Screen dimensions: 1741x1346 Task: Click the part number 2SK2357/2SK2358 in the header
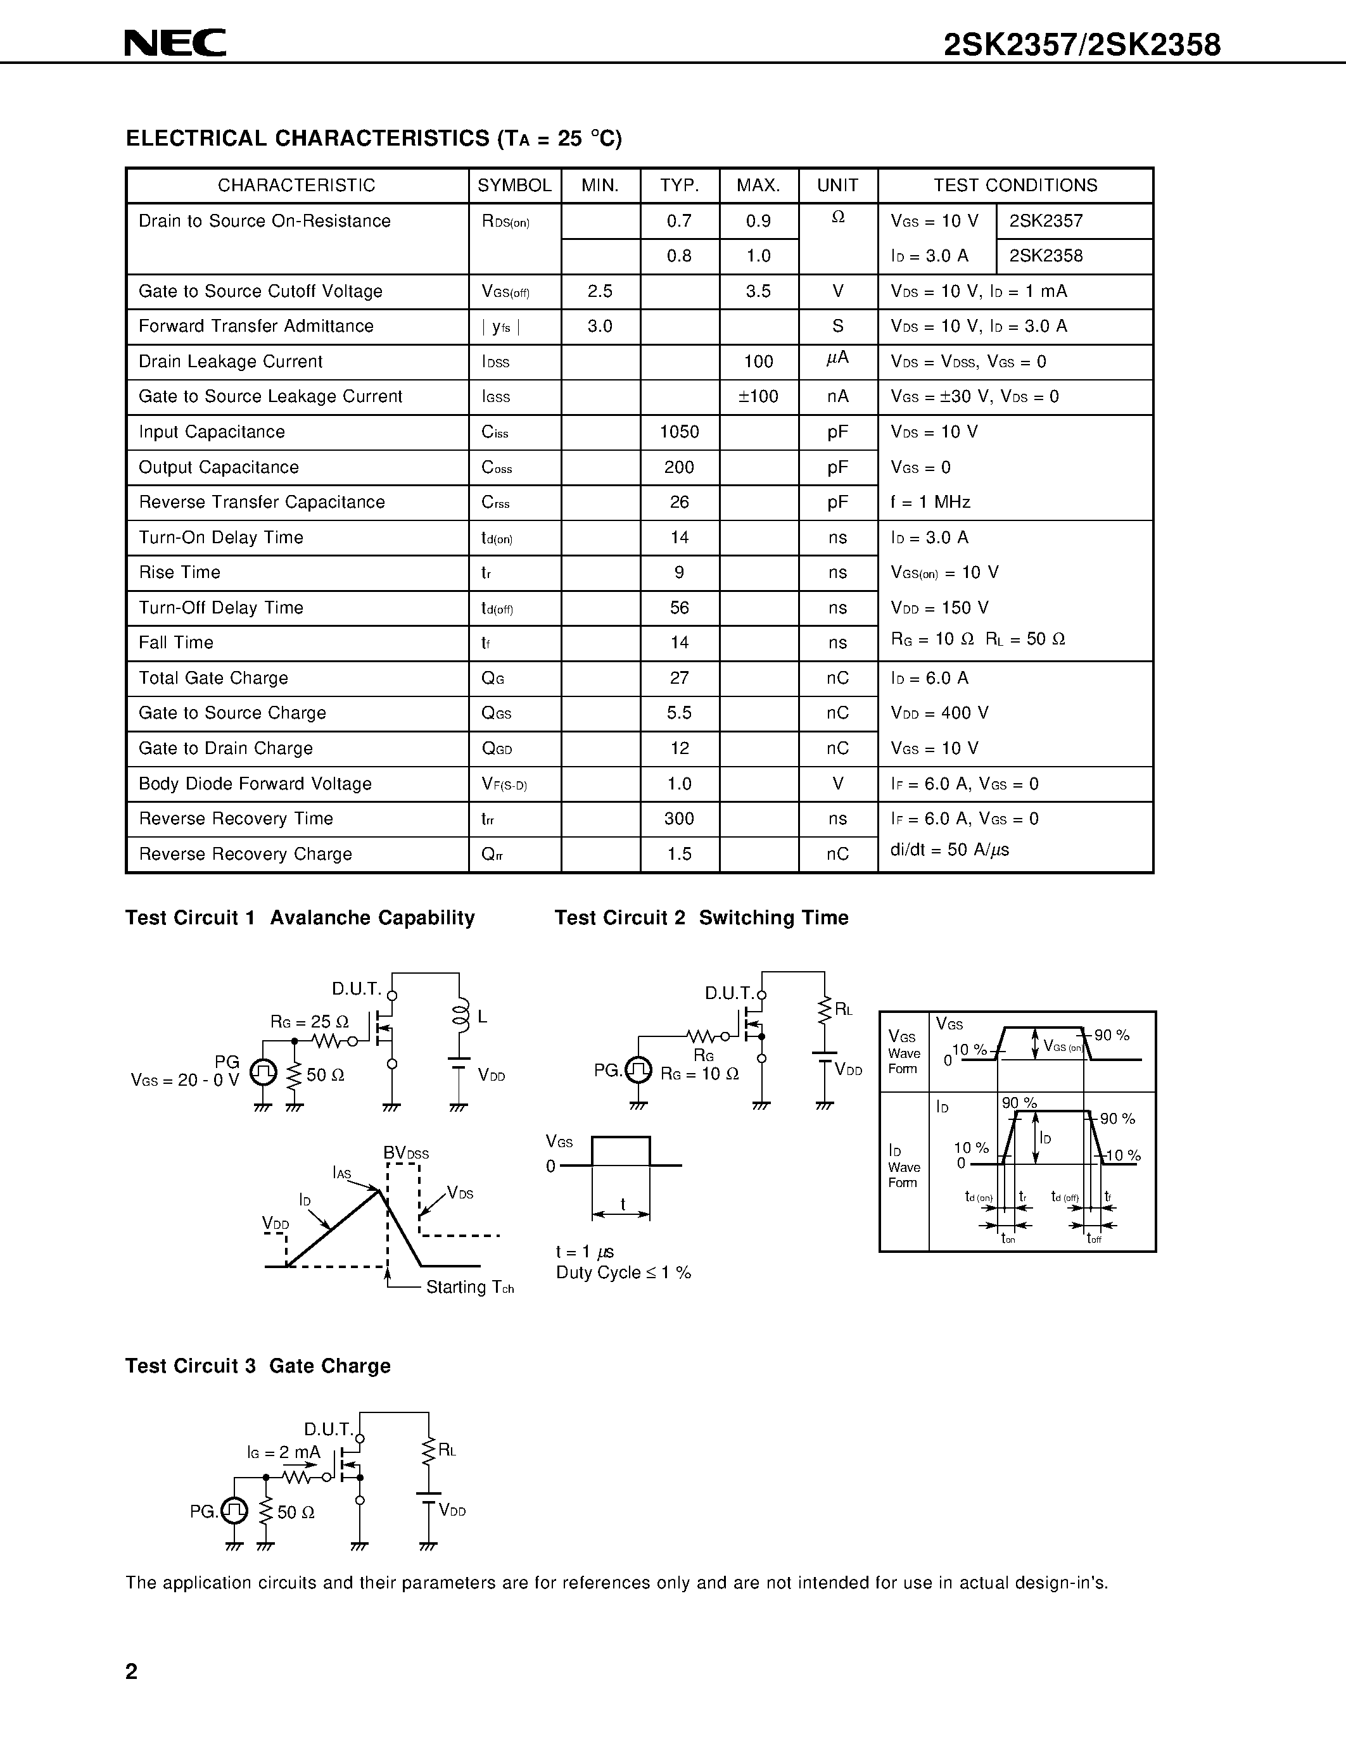pos(1082,46)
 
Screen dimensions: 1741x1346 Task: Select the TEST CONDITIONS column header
pos(1015,185)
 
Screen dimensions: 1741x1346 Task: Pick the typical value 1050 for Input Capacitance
pos(680,432)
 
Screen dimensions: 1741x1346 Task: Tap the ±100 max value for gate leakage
pos(758,397)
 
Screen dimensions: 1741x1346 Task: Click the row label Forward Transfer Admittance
pos(256,326)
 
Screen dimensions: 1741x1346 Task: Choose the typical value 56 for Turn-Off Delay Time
pos(680,607)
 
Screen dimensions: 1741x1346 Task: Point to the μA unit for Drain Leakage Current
pos(837,360)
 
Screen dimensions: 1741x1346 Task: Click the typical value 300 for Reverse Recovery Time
pos(680,819)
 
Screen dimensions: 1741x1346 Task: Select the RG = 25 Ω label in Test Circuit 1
pos(309,1021)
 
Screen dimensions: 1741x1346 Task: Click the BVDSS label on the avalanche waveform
pos(406,1153)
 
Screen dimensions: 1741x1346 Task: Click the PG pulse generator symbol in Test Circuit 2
pos(638,1070)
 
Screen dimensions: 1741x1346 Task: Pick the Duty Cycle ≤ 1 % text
pos(623,1273)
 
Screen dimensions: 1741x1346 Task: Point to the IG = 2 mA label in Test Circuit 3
pos(283,1452)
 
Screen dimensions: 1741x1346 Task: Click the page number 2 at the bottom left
pos(132,1671)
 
